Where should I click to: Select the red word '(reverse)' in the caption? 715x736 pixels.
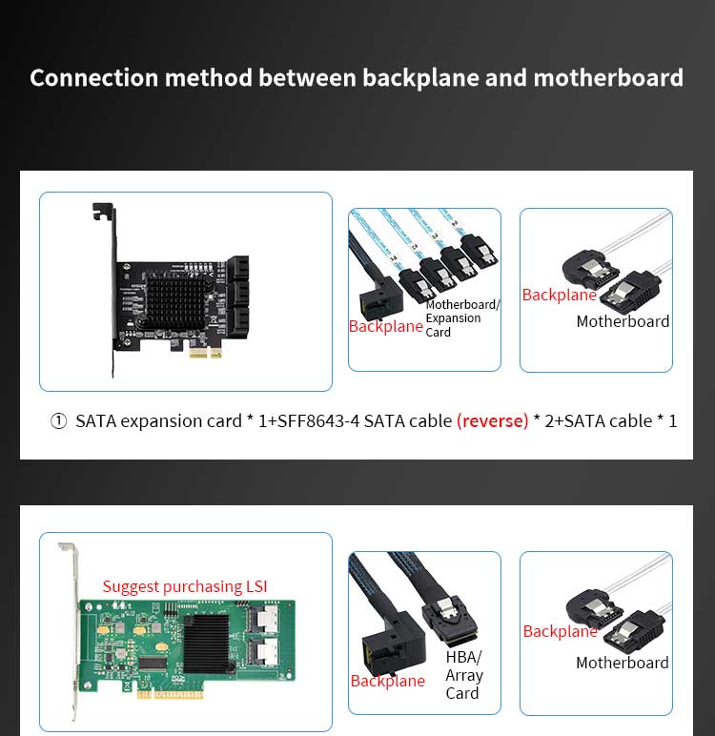(x=492, y=420)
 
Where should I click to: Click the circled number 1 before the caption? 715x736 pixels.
(x=59, y=420)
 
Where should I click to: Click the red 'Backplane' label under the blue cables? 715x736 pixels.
(x=385, y=326)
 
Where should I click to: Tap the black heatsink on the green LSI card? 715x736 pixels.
(x=206, y=640)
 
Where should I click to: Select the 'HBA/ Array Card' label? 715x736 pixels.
(x=464, y=675)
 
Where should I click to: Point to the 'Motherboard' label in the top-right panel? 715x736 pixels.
(x=623, y=321)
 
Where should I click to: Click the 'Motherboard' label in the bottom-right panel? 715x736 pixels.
(x=622, y=663)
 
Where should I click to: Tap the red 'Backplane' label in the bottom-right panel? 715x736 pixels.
(x=560, y=631)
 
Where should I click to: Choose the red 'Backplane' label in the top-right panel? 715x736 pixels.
(x=559, y=295)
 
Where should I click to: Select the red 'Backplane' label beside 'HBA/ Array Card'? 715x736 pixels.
(x=387, y=681)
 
